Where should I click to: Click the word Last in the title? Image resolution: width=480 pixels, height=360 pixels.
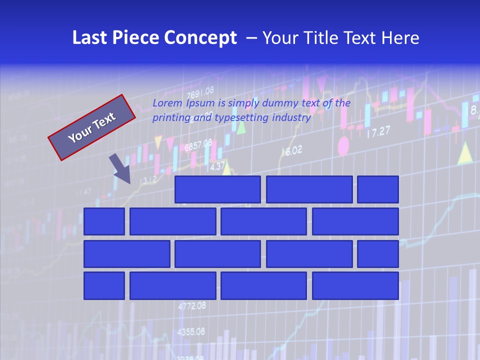click(90, 38)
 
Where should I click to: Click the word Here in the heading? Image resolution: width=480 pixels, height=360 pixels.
click(400, 38)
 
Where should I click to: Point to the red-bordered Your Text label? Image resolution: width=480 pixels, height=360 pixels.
click(91, 127)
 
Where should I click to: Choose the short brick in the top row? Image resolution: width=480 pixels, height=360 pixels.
click(378, 189)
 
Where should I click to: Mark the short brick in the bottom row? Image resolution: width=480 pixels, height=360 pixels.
click(104, 285)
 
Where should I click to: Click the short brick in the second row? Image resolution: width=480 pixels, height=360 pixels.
click(104, 221)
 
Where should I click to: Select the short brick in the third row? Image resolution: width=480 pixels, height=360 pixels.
click(378, 253)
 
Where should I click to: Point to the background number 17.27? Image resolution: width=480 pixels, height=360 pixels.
click(378, 132)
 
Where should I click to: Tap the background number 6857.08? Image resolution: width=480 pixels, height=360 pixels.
click(198, 146)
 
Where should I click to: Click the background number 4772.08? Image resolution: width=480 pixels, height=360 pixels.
click(192, 305)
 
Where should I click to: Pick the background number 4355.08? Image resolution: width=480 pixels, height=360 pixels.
click(191, 331)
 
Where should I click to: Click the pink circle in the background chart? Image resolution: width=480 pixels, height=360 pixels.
click(343, 146)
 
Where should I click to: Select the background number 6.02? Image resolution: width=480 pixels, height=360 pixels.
click(294, 150)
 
